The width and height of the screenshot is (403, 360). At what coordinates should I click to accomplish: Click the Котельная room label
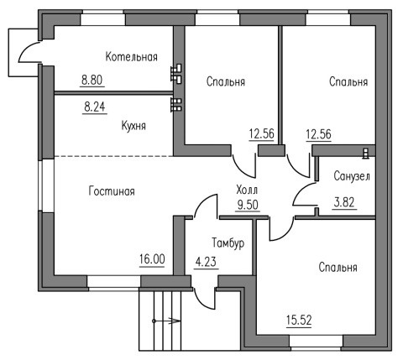coord(132,57)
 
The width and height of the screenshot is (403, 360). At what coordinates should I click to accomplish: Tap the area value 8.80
coord(92,81)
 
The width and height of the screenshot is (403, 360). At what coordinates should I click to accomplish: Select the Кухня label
coord(133,126)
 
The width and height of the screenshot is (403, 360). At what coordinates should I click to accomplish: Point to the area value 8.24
coord(95,107)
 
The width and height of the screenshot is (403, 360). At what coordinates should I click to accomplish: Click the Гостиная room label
coord(112,191)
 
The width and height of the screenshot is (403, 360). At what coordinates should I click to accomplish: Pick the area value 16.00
coord(152,259)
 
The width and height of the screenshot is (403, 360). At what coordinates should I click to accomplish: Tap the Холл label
coord(247,190)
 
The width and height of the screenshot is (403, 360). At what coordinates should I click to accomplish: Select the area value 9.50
coord(248,205)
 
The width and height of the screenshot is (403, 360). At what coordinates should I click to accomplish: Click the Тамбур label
coord(228,243)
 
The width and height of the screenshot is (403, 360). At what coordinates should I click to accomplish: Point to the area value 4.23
coord(206,262)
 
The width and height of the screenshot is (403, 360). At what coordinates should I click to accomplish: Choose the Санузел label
coord(352,176)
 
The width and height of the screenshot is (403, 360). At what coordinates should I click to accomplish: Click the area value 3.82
coord(344,202)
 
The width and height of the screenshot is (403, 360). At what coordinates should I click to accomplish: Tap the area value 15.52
coord(299,320)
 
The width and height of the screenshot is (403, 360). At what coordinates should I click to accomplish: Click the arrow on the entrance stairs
coord(166,321)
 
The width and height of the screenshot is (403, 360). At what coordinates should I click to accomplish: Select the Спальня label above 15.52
coord(338,268)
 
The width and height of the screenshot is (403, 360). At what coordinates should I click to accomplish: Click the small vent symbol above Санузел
coord(365,154)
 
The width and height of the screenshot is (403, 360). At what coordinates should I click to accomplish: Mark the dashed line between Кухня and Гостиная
coord(113,156)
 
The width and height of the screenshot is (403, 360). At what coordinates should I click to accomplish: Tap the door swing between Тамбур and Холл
coord(204,204)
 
